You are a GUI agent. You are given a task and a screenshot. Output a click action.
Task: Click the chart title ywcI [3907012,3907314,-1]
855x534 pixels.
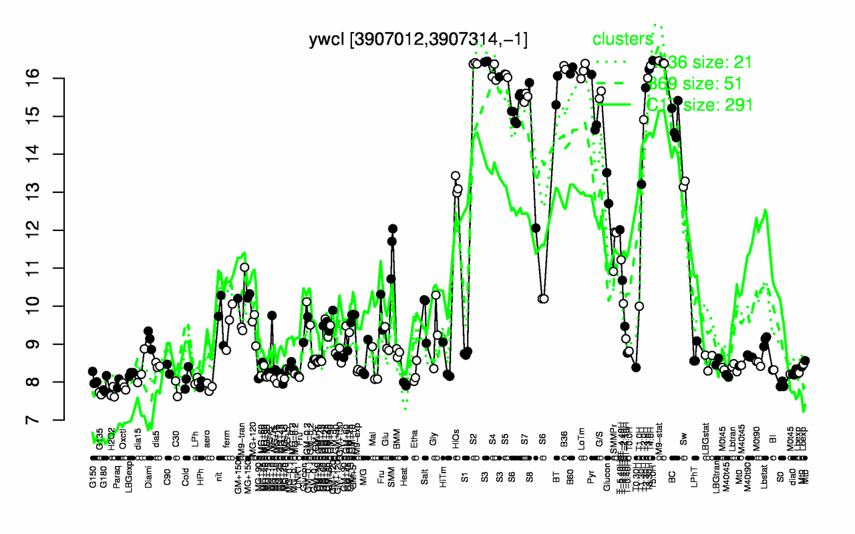418,39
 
